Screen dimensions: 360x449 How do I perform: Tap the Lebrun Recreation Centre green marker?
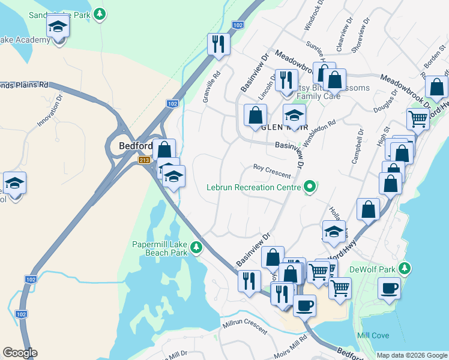310,187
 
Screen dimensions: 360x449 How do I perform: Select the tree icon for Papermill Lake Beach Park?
196,247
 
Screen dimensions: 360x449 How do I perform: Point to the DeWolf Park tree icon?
406,268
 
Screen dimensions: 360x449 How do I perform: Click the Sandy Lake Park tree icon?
101,13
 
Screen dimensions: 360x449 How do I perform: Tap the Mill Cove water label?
373,335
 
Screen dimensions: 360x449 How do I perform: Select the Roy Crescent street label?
272,171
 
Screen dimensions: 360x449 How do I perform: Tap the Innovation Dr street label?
50,110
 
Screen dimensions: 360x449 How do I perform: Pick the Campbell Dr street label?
357,145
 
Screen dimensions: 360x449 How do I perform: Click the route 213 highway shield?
144,160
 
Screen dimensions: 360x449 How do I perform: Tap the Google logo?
20,353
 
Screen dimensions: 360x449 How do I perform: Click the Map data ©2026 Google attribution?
412,355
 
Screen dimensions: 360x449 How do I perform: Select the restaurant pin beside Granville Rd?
217,44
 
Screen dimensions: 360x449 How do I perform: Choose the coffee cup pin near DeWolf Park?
389,288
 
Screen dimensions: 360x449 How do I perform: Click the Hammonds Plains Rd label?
24,85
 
